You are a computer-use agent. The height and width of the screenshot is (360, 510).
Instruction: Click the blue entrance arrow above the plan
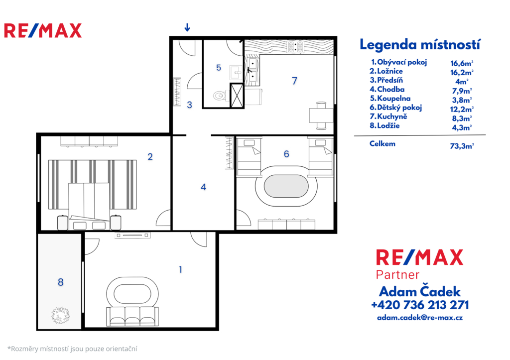187,27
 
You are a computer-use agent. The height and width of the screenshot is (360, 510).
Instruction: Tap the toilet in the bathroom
220,95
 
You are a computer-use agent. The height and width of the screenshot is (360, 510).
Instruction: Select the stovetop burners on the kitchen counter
295,46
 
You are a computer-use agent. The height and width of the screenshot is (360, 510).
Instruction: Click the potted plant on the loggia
60,315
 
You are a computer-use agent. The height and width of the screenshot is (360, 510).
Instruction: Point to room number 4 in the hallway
203,187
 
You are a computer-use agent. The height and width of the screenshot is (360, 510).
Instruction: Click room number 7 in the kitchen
294,81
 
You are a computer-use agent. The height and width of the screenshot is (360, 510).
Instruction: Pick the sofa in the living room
132,316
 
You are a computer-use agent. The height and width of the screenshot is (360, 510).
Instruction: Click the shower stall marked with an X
237,95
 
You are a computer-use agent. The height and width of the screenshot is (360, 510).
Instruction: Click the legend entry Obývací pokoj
399,62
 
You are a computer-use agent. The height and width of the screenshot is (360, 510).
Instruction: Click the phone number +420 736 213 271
420,305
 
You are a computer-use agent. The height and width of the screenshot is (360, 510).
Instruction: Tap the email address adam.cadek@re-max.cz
420,317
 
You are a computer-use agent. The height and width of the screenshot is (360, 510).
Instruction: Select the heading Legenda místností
420,44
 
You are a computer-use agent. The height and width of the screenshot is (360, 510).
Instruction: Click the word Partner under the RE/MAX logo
397,275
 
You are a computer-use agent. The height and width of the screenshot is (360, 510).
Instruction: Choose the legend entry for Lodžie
384,125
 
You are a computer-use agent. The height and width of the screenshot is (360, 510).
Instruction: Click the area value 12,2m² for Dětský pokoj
462,109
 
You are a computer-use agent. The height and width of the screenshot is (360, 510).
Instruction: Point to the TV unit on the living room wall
132,235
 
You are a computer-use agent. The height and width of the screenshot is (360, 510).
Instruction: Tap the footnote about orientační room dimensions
72,349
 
